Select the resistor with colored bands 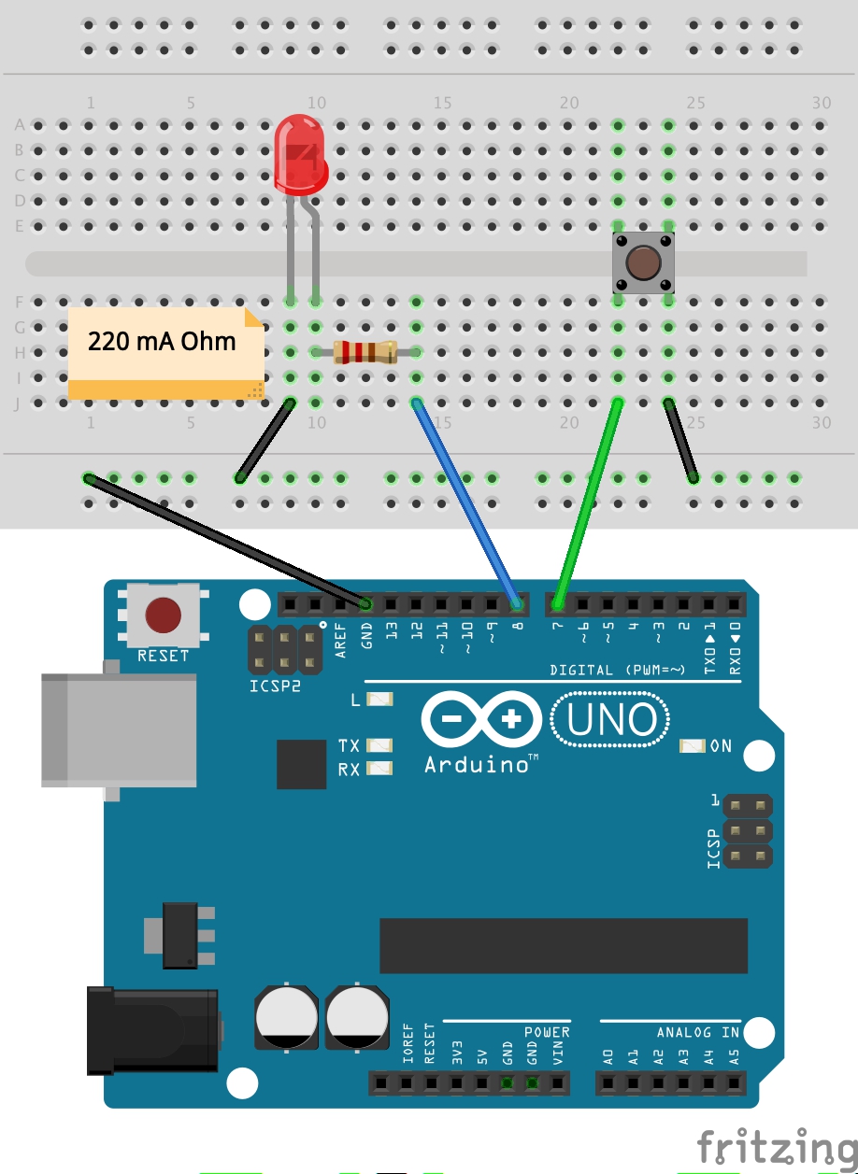[x=365, y=352]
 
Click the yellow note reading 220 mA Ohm [x=164, y=353]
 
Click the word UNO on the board [x=610, y=720]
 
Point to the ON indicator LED [x=693, y=746]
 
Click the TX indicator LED [x=379, y=745]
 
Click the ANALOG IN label [x=697, y=1032]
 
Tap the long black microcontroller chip [x=563, y=945]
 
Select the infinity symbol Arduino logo [x=481, y=720]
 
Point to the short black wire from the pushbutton [x=680, y=440]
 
